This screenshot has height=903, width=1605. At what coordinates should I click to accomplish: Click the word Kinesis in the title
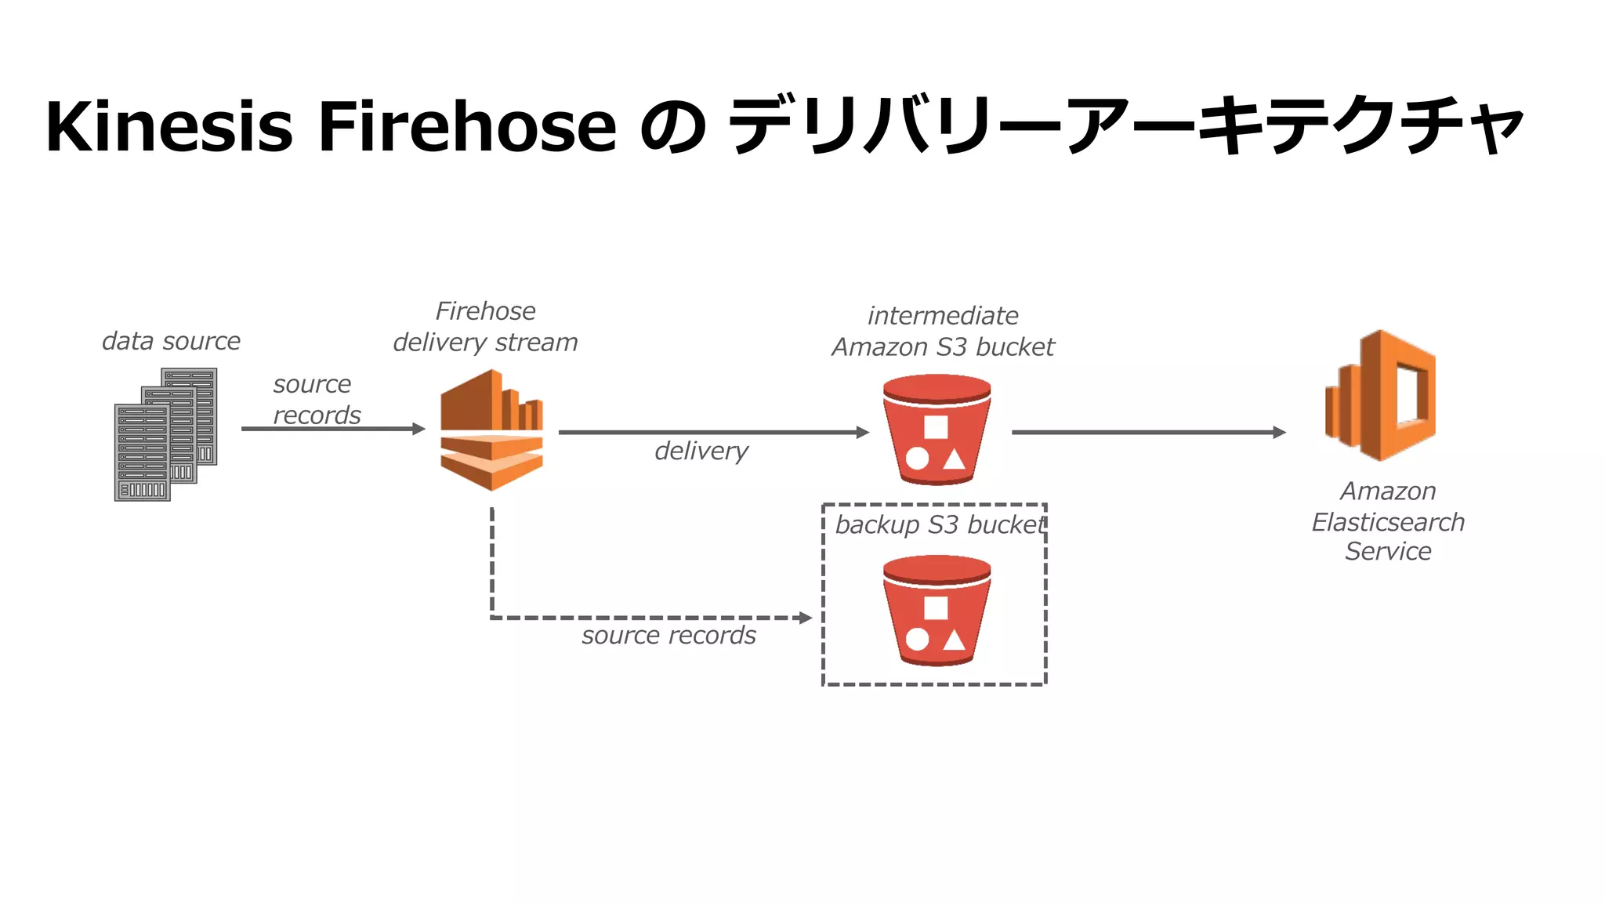pyautogui.click(x=168, y=126)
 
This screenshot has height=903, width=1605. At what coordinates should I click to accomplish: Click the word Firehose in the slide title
pyautogui.click(x=467, y=126)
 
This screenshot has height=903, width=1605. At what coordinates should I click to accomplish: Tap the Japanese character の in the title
pyautogui.click(x=672, y=128)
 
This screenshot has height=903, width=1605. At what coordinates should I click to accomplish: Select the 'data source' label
pyautogui.click(x=171, y=341)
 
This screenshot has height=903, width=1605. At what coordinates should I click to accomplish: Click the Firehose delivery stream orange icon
pyautogui.click(x=491, y=430)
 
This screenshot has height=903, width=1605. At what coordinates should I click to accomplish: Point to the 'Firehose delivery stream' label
pyautogui.click(x=485, y=327)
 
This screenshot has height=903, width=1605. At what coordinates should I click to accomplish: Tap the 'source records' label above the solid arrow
pyautogui.click(x=316, y=399)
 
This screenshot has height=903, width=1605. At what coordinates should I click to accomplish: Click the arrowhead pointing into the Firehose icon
pyautogui.click(x=419, y=429)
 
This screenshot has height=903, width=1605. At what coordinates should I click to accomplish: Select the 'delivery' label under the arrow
pyautogui.click(x=701, y=451)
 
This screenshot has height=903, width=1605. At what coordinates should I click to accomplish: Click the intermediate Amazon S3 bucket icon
pyautogui.click(x=937, y=430)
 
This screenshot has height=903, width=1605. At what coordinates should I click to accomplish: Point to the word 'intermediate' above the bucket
pyautogui.click(x=943, y=315)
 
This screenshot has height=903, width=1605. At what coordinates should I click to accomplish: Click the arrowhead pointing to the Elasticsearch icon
pyautogui.click(x=1279, y=432)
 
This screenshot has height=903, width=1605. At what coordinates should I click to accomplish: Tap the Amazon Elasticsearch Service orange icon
pyautogui.click(x=1381, y=395)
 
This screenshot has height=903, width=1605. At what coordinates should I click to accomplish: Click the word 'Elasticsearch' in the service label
pyautogui.click(x=1388, y=522)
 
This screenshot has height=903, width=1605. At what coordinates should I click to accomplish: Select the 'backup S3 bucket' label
pyautogui.click(x=940, y=524)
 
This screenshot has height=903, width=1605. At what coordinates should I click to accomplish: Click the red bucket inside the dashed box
pyautogui.click(x=937, y=611)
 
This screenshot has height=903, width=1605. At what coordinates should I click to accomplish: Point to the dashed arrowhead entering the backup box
pyautogui.click(x=805, y=618)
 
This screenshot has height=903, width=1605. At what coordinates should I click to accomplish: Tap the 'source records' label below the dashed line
pyautogui.click(x=668, y=635)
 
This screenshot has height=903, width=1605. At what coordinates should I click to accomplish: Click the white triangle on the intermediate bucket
pyautogui.click(x=954, y=459)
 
